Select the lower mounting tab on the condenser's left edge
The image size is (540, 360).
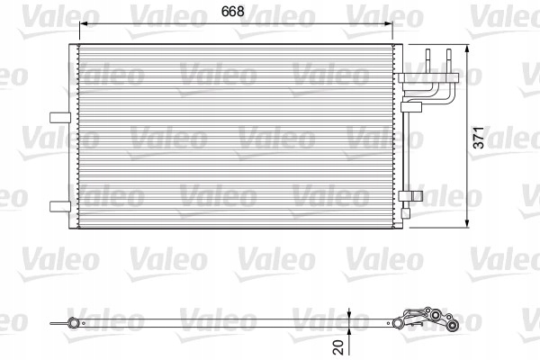coord(58,205)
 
